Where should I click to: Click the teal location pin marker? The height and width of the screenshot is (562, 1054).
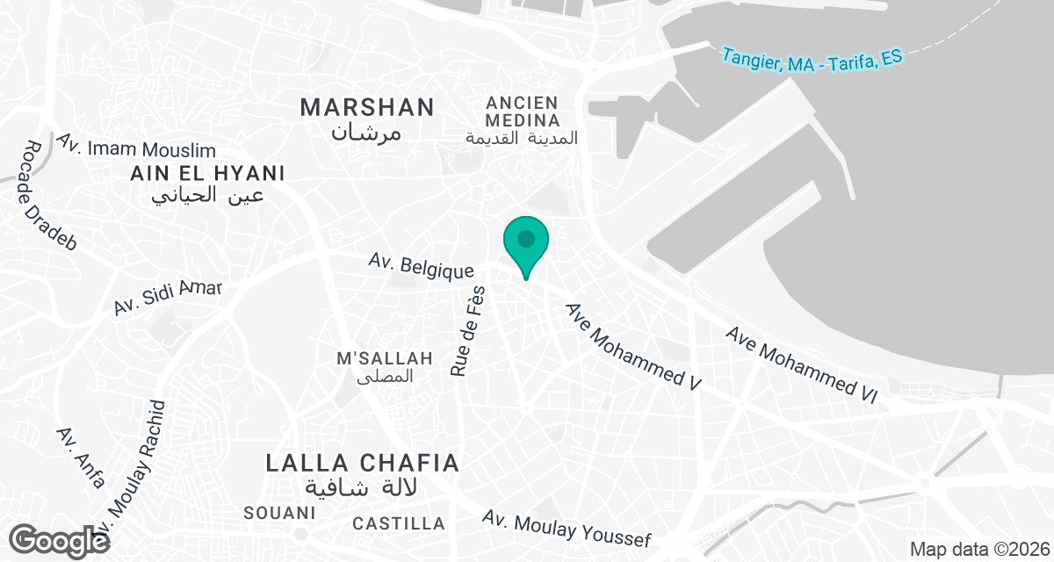tap(526, 241)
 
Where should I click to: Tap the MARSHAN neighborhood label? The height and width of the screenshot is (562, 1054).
tap(367, 108)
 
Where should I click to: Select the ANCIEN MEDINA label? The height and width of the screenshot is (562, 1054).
tap(522, 112)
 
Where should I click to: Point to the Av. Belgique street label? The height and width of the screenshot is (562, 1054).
tap(422, 264)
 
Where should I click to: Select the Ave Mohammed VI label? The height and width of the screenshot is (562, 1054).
tap(801, 365)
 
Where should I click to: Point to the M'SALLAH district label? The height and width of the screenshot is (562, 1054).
tap(386, 358)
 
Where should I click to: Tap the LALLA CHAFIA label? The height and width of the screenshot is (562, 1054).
tap(363, 463)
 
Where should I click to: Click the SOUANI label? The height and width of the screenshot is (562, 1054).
tap(279, 512)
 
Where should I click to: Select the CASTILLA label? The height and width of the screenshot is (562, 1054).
tap(399, 523)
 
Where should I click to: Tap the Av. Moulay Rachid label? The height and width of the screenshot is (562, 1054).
tap(134, 474)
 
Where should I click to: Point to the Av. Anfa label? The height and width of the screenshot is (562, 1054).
tap(81, 457)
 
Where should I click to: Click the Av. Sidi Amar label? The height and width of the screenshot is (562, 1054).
tap(168, 298)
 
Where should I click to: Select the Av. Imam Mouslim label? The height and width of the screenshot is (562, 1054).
tap(135, 145)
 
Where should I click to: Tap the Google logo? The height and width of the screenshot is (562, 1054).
tap(60, 540)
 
